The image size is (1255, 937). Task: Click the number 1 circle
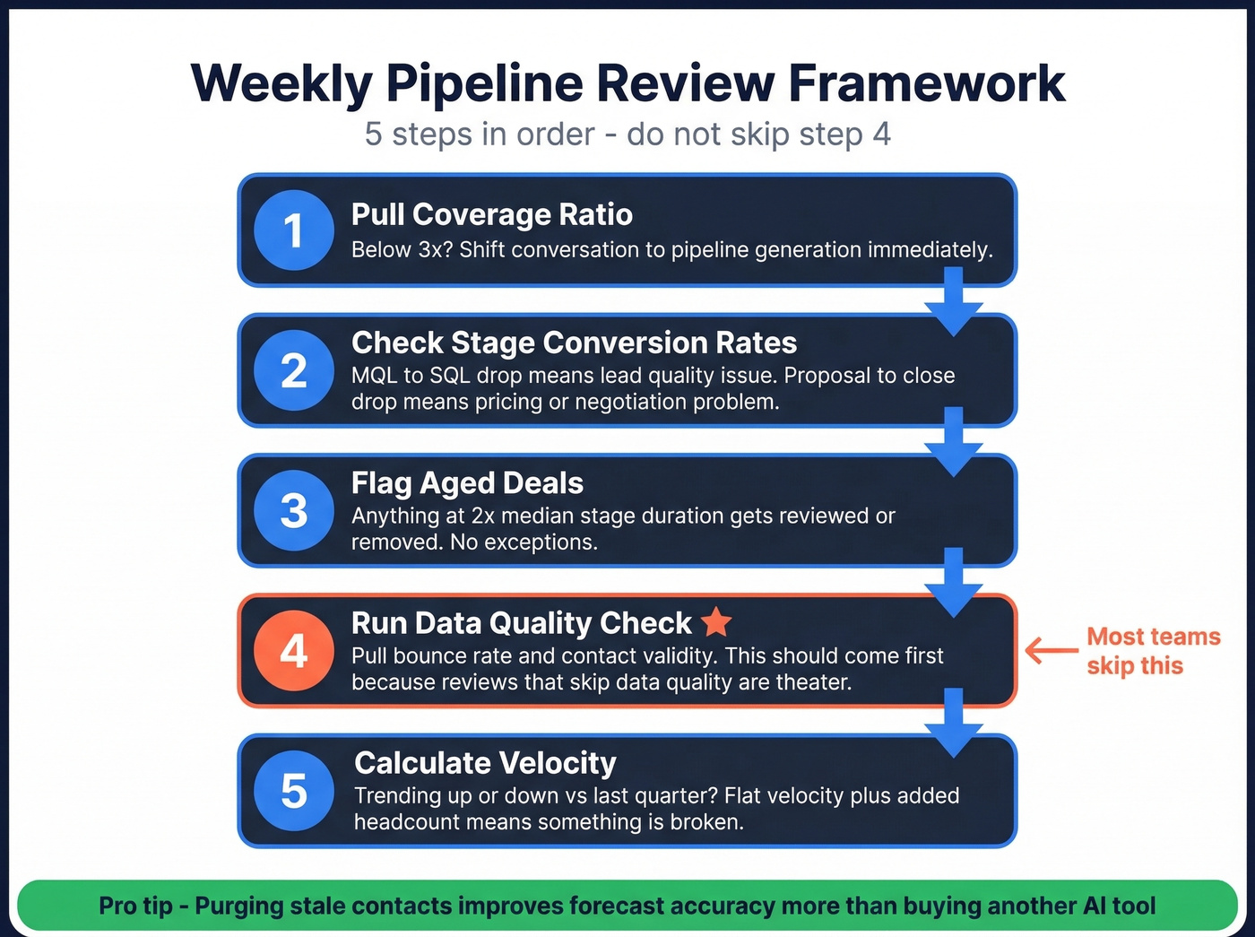[x=294, y=230]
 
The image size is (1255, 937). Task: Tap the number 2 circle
[x=294, y=370]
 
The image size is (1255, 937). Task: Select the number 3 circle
[x=294, y=510]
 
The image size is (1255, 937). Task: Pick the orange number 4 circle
[x=294, y=650]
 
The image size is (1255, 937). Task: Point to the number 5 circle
[x=294, y=790]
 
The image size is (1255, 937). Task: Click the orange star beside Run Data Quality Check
[x=716, y=621]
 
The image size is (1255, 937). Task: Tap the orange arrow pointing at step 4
[x=1052, y=650]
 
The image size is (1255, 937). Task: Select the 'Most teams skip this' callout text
[x=1153, y=651]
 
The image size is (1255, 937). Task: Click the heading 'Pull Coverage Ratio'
[x=491, y=214]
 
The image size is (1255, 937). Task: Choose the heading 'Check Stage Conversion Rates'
[x=574, y=343]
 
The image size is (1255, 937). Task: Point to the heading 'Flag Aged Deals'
[x=467, y=483]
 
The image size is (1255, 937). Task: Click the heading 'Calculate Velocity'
[x=485, y=763]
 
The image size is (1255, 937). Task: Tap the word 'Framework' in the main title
[x=927, y=83]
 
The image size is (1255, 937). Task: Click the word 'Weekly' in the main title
[x=281, y=83]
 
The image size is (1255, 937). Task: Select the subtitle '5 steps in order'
[x=480, y=134]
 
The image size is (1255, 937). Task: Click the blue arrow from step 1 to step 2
[x=954, y=301]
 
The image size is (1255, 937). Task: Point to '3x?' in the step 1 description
[x=436, y=249]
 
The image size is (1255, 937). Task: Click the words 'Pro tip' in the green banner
[x=135, y=906]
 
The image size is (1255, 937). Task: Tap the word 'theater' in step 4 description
[x=815, y=682]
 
